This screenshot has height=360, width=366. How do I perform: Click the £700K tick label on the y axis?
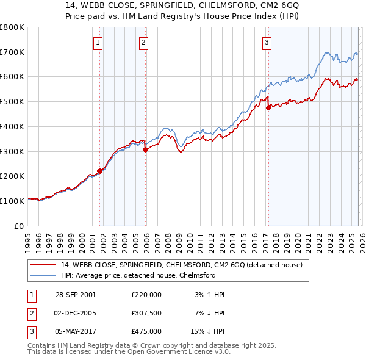(x=12, y=52)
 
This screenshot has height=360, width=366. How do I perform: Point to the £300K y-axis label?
(x=12, y=151)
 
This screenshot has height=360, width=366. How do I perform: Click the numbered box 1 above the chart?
(x=98, y=42)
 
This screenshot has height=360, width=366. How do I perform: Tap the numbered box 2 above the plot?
(x=143, y=42)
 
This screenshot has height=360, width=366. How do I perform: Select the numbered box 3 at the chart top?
(x=267, y=42)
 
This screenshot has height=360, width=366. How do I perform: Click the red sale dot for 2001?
(x=99, y=171)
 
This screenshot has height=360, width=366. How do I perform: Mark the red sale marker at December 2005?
(x=145, y=149)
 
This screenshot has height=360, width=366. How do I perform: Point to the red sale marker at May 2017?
(x=268, y=108)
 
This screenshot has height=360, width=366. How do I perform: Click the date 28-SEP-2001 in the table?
(x=76, y=295)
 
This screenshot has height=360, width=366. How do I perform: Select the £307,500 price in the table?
(x=146, y=313)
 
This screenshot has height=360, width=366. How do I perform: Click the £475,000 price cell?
(x=146, y=331)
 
